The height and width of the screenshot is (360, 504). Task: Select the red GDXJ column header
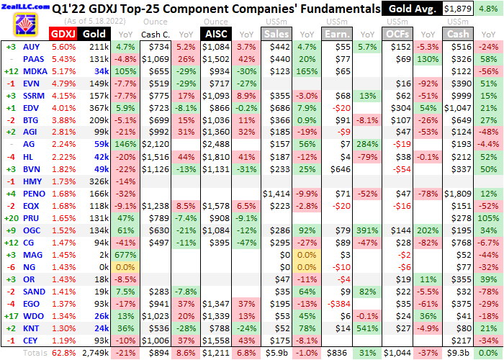tap(62, 34)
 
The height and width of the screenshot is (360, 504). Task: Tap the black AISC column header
tap(215, 34)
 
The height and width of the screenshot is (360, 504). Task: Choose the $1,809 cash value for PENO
tap(454, 194)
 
